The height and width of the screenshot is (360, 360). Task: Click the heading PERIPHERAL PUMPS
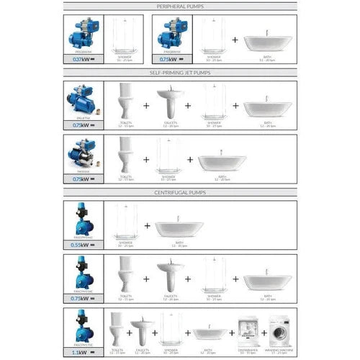(180, 6)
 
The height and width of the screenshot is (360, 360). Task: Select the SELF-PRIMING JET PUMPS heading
(180, 72)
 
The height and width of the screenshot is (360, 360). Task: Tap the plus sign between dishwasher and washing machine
(264, 333)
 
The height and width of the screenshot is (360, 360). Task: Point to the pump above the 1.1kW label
(84, 323)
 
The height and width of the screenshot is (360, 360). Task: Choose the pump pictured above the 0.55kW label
(84, 220)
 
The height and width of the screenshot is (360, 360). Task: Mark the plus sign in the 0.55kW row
(147, 226)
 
